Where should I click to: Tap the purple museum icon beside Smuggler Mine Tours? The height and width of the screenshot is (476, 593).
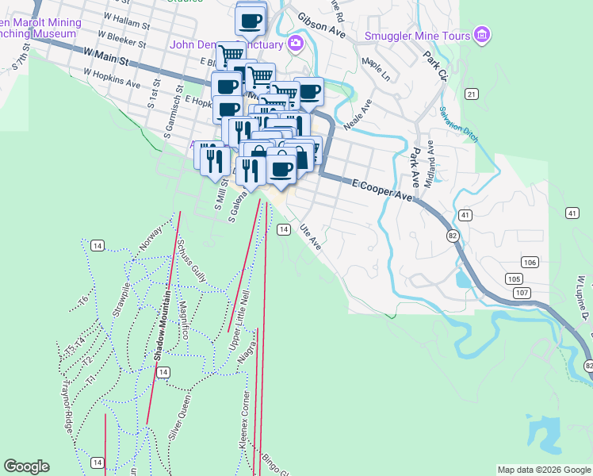click(481, 35)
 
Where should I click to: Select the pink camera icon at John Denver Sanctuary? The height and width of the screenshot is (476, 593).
click(296, 43)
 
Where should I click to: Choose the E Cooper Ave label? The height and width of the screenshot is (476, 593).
click(384, 190)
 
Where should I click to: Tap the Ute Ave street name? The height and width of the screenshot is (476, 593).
click(310, 236)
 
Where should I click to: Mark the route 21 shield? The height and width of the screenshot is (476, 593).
click(472, 94)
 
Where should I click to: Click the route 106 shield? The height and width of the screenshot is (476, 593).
click(530, 263)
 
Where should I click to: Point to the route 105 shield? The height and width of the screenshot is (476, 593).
click(514, 278)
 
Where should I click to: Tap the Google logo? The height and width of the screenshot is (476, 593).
click(26, 466)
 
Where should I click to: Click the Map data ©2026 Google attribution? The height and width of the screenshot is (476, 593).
click(543, 470)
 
